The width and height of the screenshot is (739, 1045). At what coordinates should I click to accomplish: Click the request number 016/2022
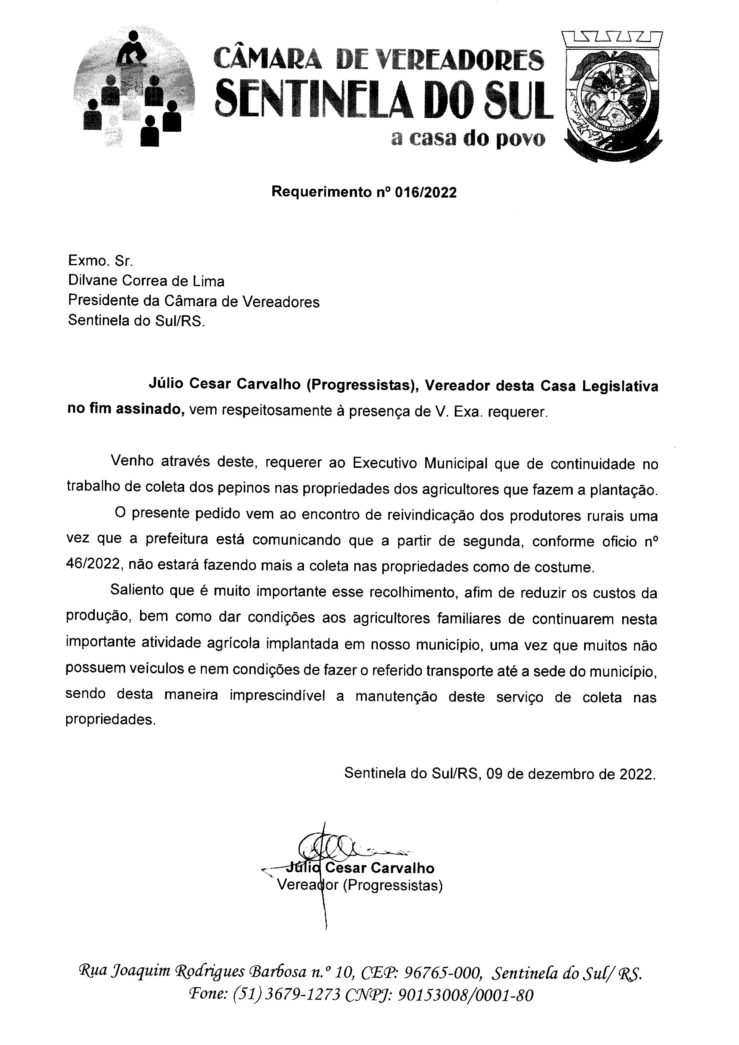pyautogui.click(x=426, y=192)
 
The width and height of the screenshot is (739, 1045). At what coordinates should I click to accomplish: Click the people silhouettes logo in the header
pyautogui.click(x=133, y=89)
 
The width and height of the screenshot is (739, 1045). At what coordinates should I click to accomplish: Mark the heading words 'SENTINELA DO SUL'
pyautogui.click(x=384, y=97)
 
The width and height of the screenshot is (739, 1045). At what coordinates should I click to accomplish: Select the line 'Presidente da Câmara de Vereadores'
pyautogui.click(x=193, y=301)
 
